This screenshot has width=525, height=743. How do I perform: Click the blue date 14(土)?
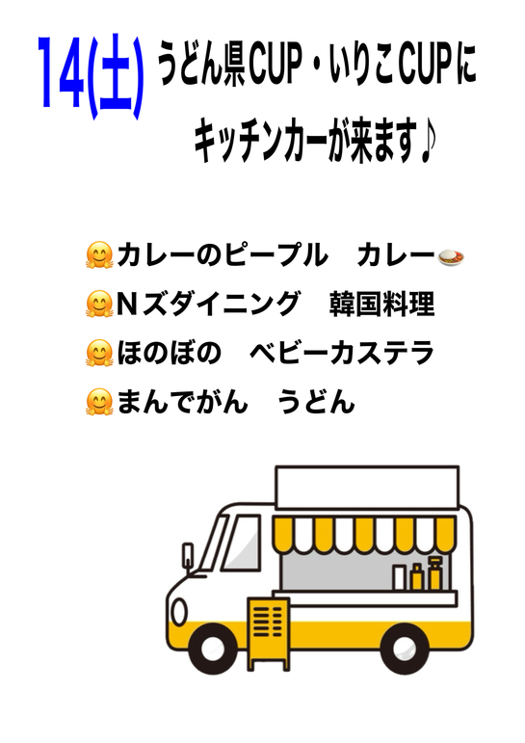[90, 77]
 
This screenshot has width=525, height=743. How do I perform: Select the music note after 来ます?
[427, 143]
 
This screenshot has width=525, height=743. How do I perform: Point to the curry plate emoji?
[451, 257]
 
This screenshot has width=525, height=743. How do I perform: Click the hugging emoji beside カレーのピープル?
[99, 255]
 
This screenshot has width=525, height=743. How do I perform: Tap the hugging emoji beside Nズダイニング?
[99, 304]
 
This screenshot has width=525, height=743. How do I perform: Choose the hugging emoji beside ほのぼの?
[99, 353]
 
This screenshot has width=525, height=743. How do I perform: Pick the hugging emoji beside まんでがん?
[99, 402]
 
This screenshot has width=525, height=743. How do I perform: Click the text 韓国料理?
[381, 304]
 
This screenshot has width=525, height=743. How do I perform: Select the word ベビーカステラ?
[341, 353]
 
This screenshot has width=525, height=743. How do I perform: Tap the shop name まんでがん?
[183, 402]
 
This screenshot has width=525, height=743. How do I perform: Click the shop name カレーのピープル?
[223, 255]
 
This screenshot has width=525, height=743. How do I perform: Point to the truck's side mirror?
[188, 555]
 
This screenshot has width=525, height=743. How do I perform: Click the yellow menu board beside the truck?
[268, 633]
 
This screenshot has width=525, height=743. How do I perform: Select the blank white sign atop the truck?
[367, 488]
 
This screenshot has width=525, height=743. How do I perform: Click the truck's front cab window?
[242, 544]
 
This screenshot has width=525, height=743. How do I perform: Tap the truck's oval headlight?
[179, 612]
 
